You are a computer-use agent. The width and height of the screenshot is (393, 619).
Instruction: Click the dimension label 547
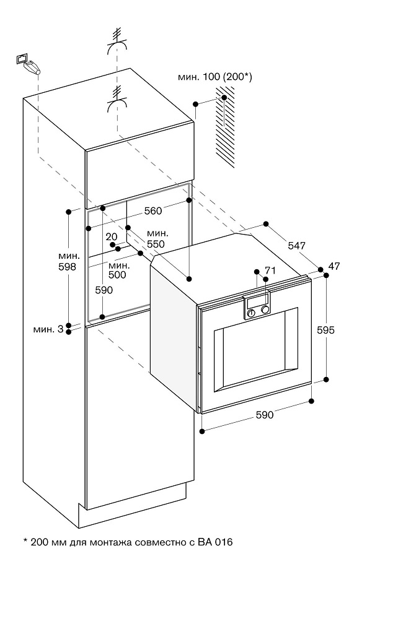coord(297,246)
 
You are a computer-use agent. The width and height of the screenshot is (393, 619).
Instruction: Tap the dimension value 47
coord(335,266)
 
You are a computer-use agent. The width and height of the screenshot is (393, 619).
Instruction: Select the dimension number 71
coord(270,270)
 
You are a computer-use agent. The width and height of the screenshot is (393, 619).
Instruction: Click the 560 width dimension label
coord(152,210)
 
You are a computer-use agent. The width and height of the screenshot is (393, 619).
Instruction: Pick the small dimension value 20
coord(112,236)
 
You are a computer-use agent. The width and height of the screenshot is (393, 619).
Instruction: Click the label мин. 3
coord(48,329)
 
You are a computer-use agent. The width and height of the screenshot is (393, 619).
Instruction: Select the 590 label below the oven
coord(265,415)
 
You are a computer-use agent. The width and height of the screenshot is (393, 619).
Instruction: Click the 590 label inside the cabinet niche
coord(104,290)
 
